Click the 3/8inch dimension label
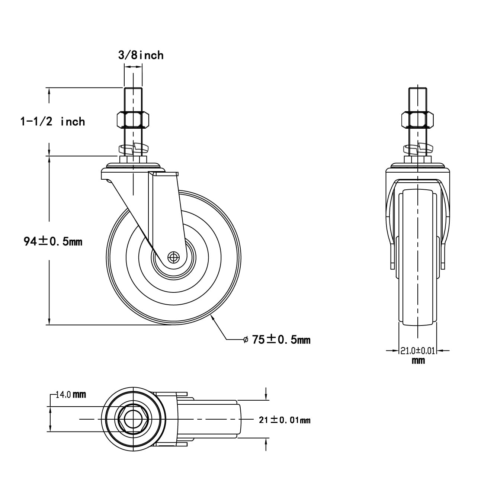tap(141, 55)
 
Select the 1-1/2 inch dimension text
tap(52, 121)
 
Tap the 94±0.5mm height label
tap(53, 241)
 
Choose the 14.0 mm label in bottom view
tap(71, 395)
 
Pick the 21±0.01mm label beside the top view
tap(285, 420)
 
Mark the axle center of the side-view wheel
tap(173, 257)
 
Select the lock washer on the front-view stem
tap(418, 149)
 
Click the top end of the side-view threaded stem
tap(133, 89)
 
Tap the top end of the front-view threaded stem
tap(418, 89)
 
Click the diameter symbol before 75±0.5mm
tap(246, 339)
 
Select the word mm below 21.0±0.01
tap(418, 360)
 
